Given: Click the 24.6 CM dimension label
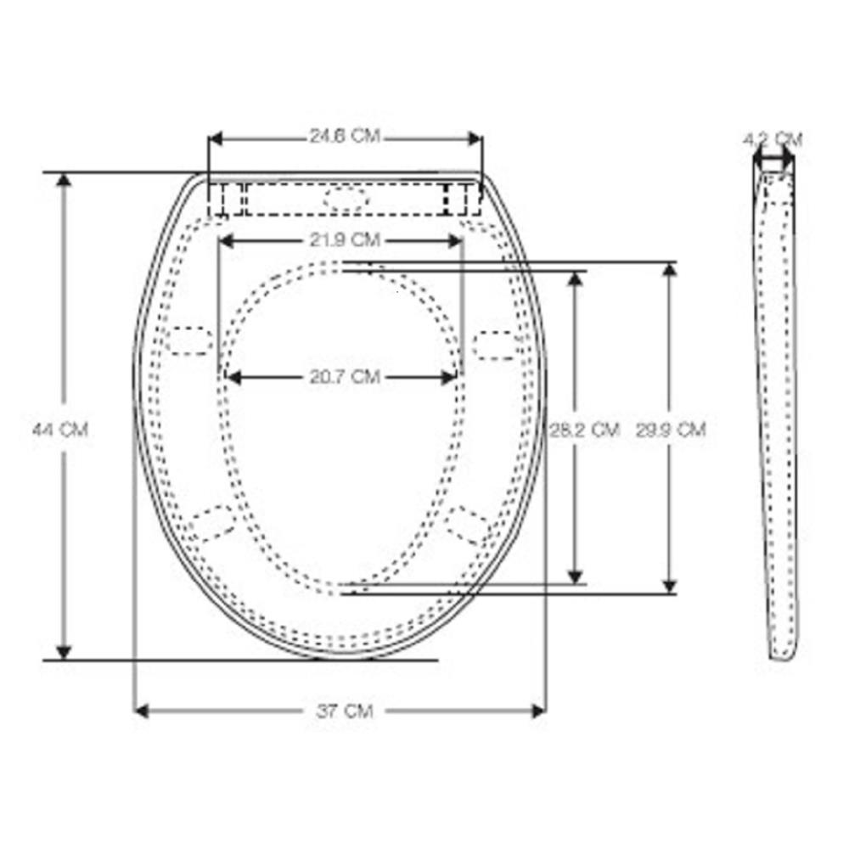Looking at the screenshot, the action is pos(345,135).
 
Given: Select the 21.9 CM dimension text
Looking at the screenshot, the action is pos(345,240).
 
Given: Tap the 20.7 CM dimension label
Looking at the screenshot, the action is pos(345,376).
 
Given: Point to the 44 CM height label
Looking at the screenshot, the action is pos(60,430).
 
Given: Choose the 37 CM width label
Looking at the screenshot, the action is pos(345,711).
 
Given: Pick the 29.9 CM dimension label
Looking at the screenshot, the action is pos(671,430).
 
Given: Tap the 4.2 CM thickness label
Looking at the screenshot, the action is pos(773,140).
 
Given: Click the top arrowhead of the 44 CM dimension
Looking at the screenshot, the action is pos(64,180).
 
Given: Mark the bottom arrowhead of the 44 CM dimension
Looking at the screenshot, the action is pos(64,652).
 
